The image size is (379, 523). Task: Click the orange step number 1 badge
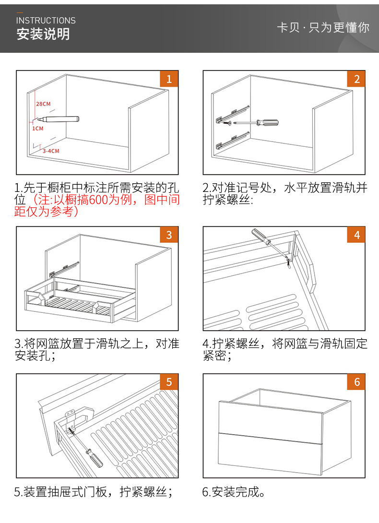click(x=169, y=79)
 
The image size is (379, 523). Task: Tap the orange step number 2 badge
click(x=356, y=79)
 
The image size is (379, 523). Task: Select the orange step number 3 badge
click(x=169, y=235)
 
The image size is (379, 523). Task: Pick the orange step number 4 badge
click(x=356, y=235)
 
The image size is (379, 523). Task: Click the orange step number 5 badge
click(x=169, y=382)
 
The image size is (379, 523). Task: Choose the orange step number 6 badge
click(x=356, y=382)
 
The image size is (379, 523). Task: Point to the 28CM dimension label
click(x=43, y=104)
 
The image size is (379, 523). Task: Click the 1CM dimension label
click(x=38, y=129)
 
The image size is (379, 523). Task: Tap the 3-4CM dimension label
click(x=50, y=151)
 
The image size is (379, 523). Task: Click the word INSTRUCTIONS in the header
click(x=46, y=21)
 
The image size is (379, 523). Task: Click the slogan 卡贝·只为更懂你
click(x=323, y=27)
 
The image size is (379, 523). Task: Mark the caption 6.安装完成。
click(x=234, y=492)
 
